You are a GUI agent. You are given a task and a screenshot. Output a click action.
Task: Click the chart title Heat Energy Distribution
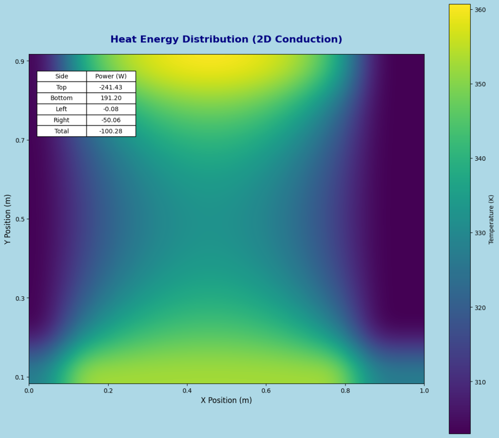tap(226, 39)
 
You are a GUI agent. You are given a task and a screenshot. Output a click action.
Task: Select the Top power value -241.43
tap(111, 87)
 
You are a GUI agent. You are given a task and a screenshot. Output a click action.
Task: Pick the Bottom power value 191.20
tap(111, 98)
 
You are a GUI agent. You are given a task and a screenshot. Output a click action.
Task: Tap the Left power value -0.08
tap(111, 109)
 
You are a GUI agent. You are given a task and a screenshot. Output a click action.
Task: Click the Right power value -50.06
tap(111, 120)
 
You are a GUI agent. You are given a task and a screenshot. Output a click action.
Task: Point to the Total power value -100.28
tap(111, 131)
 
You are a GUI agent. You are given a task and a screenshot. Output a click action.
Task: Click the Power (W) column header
tap(111, 76)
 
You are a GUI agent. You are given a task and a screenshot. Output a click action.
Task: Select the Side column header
tap(62, 76)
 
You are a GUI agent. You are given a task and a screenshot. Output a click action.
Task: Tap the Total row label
tap(62, 131)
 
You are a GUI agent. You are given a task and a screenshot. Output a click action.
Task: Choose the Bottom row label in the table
tap(62, 98)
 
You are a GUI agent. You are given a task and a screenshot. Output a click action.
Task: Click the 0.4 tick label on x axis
tap(187, 391)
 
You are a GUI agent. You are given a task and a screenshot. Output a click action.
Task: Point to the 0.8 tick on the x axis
tap(345, 391)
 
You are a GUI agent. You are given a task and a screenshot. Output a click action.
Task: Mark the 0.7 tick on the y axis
tap(21, 140)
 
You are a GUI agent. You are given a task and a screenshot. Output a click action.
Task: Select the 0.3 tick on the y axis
tap(21, 298)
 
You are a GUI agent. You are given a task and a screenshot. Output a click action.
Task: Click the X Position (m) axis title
tap(226, 400)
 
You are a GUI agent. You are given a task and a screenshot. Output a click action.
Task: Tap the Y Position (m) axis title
tap(7, 219)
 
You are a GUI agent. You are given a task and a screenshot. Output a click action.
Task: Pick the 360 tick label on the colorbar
tap(480, 10)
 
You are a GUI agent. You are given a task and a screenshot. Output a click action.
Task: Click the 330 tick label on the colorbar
tap(480, 233)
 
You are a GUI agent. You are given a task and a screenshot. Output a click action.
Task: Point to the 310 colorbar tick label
tap(480, 382)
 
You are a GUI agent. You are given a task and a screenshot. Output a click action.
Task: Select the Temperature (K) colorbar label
tap(491, 219)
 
